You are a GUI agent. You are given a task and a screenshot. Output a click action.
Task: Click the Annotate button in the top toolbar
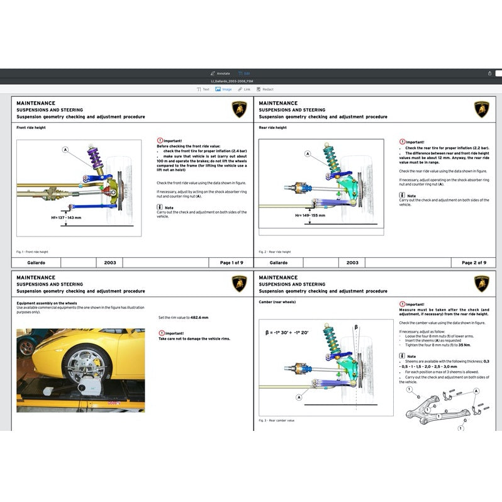pyautogui.click(x=220, y=73)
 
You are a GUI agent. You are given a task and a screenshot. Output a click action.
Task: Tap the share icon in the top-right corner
pyautogui.click(x=489, y=73)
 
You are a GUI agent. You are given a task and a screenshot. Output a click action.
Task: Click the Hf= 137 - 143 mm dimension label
pyautogui.click(x=66, y=218)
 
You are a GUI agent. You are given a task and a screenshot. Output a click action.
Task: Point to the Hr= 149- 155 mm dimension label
pyautogui.click(x=310, y=215)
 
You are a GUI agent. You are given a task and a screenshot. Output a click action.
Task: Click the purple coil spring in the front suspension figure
pyautogui.click(x=96, y=160)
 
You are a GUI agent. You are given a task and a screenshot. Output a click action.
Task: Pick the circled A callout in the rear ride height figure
pyautogui.click(x=308, y=153)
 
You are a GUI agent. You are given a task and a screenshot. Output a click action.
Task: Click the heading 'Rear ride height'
pyautogui.click(x=272, y=128)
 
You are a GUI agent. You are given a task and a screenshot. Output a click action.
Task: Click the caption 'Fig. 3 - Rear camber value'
pyautogui.click(x=276, y=420)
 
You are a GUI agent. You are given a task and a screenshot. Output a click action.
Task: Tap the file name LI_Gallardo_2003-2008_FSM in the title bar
pyautogui.click(x=232, y=81)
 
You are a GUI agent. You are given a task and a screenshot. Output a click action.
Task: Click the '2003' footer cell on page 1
pyautogui.click(x=109, y=262)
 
